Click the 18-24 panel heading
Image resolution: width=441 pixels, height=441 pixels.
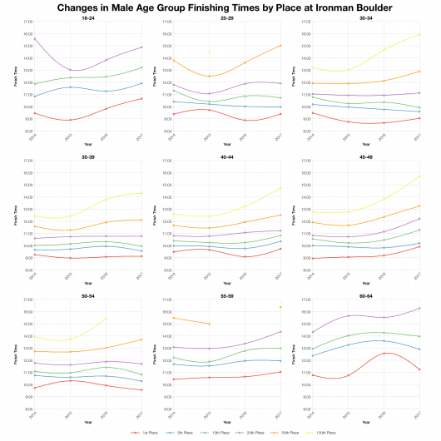point(87,17)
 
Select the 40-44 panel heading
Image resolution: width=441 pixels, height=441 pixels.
point(225,155)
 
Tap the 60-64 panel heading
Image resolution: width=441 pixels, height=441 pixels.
point(363,295)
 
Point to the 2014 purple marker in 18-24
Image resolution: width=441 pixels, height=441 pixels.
point(34,39)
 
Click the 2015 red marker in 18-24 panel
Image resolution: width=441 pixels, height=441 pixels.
point(71,120)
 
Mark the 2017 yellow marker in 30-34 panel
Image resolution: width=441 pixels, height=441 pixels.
point(419,34)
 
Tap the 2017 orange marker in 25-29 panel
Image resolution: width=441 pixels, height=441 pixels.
point(280,45)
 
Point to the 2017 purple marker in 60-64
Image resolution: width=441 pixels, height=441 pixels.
point(419,308)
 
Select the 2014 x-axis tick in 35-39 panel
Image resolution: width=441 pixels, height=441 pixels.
point(34,275)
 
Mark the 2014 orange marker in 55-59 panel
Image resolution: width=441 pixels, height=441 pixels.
point(171,318)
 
